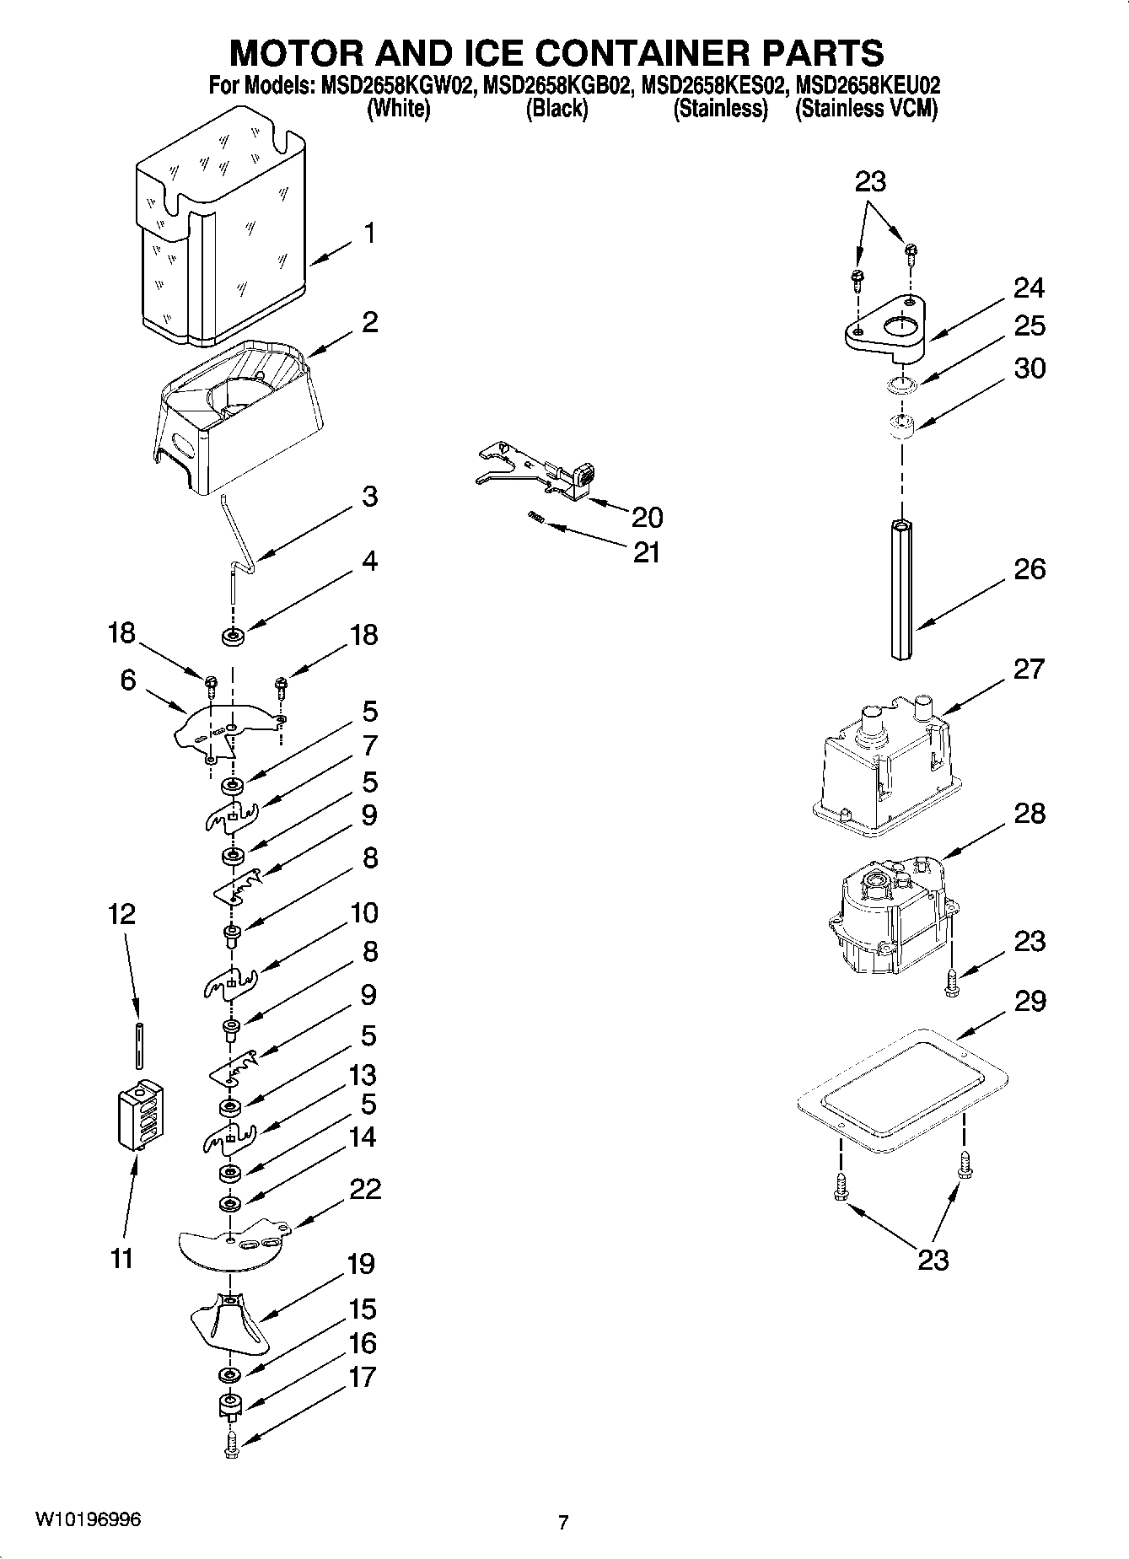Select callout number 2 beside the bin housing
369,322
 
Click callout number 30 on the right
1030,368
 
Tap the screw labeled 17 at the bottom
232,1444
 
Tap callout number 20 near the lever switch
646,516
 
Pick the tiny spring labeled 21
535,516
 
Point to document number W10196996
88,1519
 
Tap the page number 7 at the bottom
562,1522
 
